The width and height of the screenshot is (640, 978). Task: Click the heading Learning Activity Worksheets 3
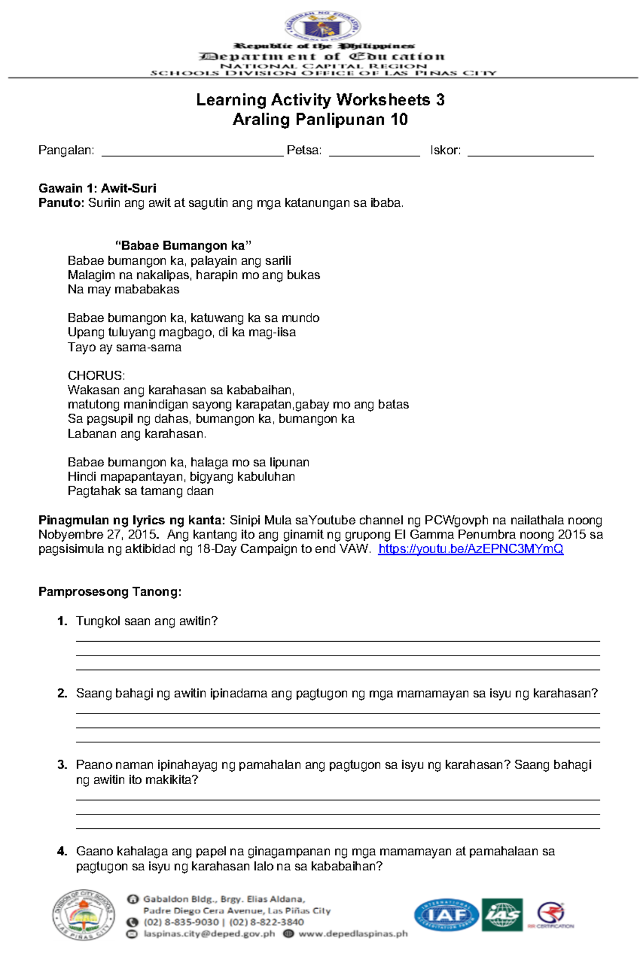(x=320, y=100)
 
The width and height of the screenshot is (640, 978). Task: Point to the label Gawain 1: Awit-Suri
(x=97, y=188)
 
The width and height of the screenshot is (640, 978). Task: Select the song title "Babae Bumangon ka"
(x=183, y=246)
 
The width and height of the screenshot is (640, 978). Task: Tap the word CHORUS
(x=96, y=376)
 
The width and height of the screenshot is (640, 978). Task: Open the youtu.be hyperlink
(x=470, y=549)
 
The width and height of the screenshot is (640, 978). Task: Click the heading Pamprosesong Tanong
(x=110, y=592)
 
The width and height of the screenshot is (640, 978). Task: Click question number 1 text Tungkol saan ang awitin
(x=147, y=621)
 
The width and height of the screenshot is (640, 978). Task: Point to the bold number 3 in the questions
(x=62, y=765)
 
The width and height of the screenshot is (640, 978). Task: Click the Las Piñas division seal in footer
(x=83, y=915)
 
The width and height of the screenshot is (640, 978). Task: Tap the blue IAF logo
(x=446, y=915)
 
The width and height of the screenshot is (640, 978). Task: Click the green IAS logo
(x=502, y=915)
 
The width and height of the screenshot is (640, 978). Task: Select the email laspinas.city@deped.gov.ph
(x=209, y=934)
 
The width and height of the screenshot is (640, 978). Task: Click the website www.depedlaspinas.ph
(x=353, y=934)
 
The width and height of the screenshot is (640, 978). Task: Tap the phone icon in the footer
(x=132, y=922)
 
